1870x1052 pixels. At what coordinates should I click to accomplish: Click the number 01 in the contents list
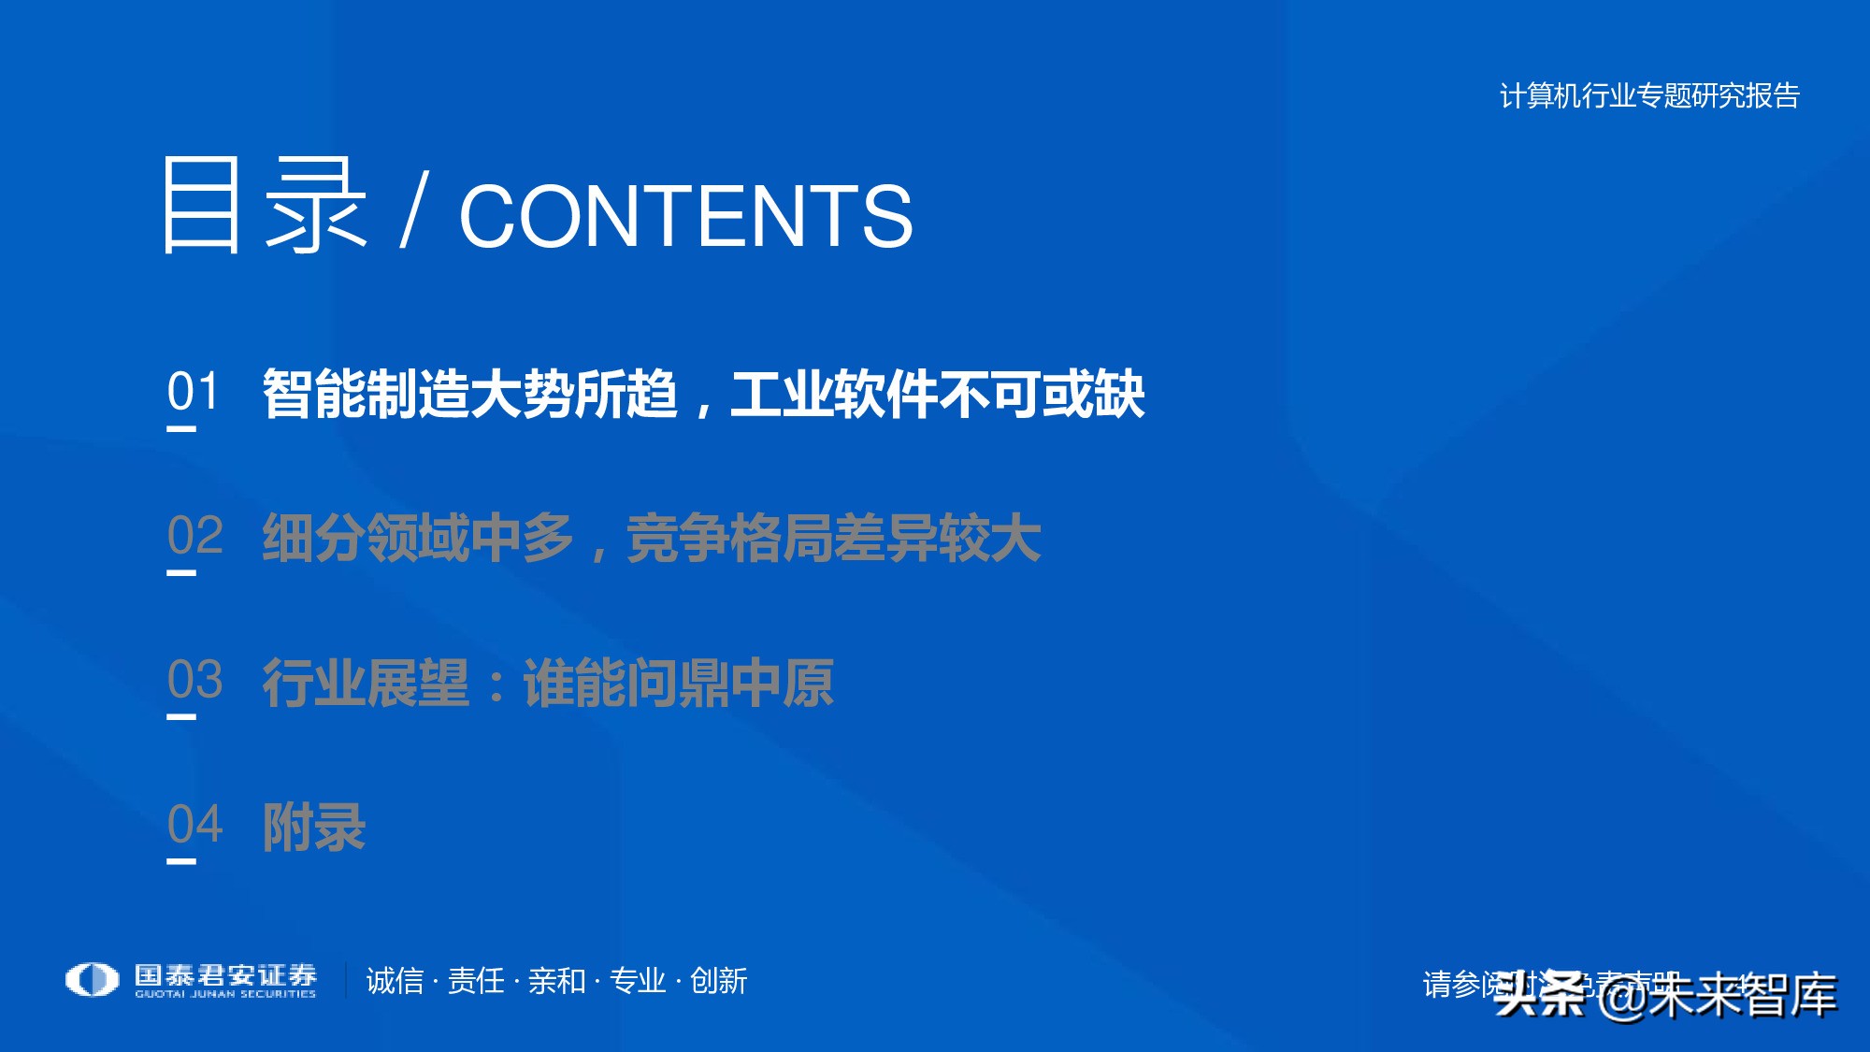(x=194, y=391)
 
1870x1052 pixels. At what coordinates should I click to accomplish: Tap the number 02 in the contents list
(x=195, y=536)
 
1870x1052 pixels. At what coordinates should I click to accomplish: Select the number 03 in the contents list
(x=195, y=680)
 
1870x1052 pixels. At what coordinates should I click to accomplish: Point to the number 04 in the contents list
(x=195, y=825)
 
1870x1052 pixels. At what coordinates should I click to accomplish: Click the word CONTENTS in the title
(x=685, y=216)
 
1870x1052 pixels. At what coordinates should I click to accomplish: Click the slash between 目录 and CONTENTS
(x=412, y=210)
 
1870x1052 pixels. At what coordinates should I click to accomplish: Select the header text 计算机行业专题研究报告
(x=1649, y=95)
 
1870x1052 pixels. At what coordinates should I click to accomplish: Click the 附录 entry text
(x=314, y=828)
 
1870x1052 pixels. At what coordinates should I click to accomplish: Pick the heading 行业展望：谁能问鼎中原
(x=548, y=684)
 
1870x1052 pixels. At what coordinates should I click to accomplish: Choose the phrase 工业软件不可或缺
(x=938, y=394)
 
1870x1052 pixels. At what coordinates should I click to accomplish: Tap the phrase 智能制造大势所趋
(x=469, y=394)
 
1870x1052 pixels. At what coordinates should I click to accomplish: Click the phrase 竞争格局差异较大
(x=833, y=539)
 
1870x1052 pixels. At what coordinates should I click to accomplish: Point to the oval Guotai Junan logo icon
(x=92, y=980)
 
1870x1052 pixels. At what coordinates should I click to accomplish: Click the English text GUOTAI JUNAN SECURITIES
(x=225, y=994)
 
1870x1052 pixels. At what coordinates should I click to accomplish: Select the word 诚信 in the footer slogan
(x=395, y=981)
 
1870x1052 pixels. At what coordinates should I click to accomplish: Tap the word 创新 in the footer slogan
(x=718, y=981)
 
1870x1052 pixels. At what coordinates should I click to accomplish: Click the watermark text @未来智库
(x=1717, y=995)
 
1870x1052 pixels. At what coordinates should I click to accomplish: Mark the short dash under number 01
(x=181, y=429)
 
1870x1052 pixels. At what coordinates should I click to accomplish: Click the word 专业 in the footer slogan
(x=638, y=981)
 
